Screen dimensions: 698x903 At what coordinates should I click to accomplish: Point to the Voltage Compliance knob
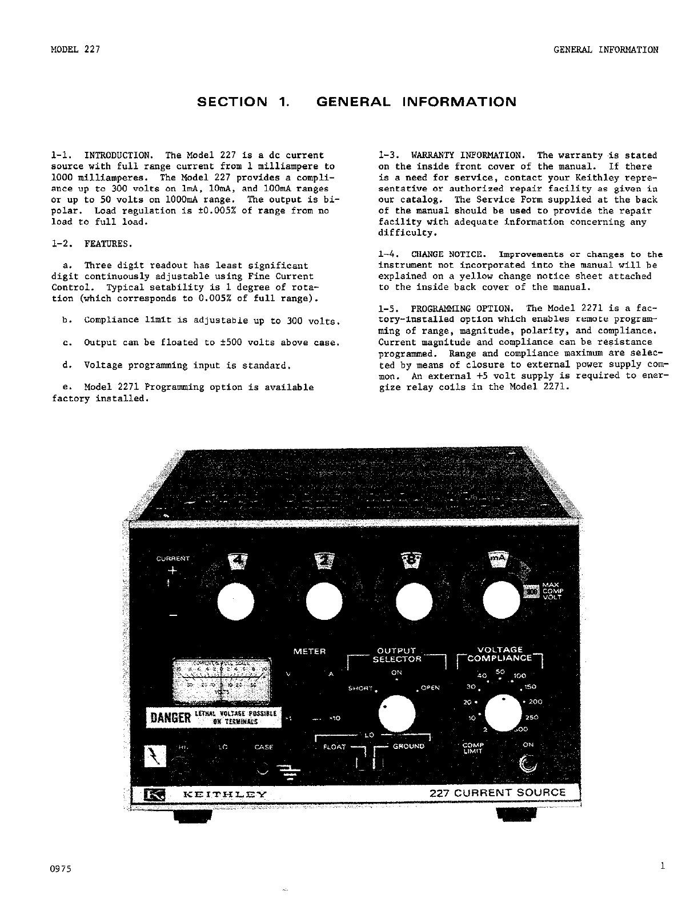[x=503, y=713]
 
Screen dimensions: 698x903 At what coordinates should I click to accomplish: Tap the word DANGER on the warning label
[x=169, y=718]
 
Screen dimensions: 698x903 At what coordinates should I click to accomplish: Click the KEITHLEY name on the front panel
[x=217, y=794]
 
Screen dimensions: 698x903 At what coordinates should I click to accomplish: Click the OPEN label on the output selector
[x=430, y=687]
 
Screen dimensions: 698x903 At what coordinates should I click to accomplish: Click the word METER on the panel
[x=309, y=651]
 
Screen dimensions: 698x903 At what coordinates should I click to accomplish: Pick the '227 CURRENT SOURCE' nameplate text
[x=497, y=792]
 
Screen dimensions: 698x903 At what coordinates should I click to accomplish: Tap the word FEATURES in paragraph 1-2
[x=108, y=244]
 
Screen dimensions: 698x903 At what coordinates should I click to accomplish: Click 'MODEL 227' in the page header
[x=75, y=49]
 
